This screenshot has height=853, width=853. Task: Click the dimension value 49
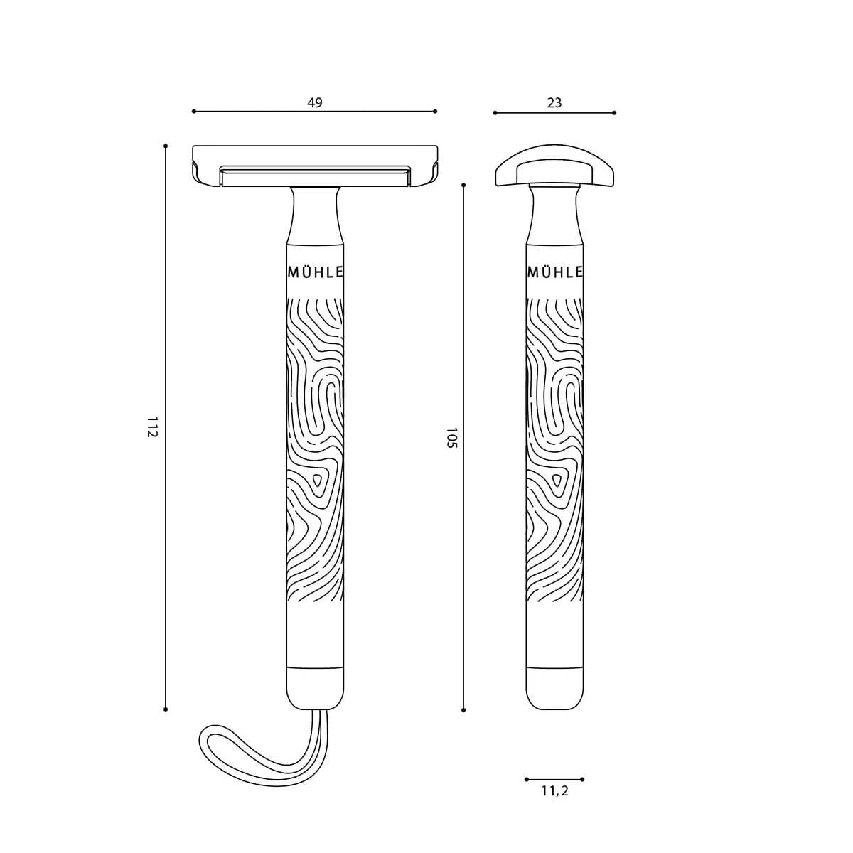[x=315, y=102]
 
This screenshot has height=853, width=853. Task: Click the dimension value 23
[x=554, y=102]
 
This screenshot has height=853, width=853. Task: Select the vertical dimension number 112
[x=151, y=427]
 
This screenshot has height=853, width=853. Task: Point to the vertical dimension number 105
[x=450, y=438]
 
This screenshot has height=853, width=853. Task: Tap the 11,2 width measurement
[x=554, y=790]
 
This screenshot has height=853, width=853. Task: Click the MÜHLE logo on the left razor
[x=316, y=272]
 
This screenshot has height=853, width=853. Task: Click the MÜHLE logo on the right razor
[x=555, y=272]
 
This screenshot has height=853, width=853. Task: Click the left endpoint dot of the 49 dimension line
[x=193, y=112]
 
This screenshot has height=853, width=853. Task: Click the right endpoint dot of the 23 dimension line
[x=614, y=112]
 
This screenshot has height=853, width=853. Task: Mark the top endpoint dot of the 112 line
[x=166, y=146]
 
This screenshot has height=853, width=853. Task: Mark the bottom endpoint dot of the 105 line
[x=463, y=709]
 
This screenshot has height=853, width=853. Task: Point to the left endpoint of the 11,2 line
[x=526, y=779]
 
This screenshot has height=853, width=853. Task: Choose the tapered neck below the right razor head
[x=554, y=213]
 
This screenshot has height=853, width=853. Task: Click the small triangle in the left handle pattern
[x=318, y=481]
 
